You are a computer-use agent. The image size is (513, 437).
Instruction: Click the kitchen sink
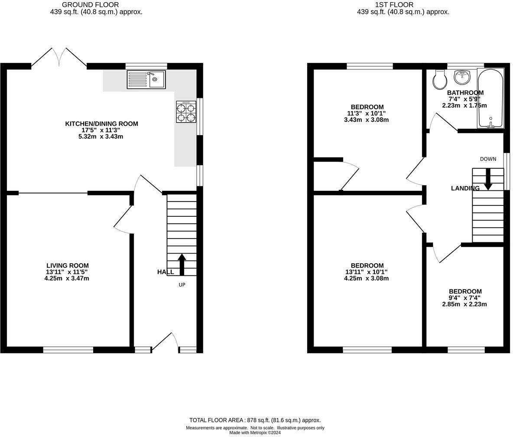(146, 79)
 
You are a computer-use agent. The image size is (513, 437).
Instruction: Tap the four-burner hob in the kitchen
(186, 111)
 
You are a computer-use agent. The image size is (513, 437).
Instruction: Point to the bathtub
(490, 98)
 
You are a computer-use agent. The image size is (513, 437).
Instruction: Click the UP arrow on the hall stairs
(182, 264)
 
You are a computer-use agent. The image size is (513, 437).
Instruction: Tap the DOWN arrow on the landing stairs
(488, 179)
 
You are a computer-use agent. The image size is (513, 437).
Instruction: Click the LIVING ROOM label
(68, 266)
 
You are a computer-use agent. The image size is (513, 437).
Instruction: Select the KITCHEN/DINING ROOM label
(101, 124)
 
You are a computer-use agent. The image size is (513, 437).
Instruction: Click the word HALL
(166, 272)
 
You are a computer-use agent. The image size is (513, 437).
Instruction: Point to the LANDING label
(465, 188)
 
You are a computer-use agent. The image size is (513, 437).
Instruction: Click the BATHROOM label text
(465, 93)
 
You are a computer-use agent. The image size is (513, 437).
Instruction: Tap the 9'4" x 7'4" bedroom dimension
(464, 298)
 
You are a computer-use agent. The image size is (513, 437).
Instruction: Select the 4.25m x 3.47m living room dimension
(67, 279)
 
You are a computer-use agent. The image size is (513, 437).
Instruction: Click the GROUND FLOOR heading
(90, 5)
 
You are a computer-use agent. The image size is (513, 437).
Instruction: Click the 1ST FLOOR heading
(394, 5)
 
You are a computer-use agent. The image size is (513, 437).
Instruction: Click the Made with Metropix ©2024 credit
(255, 432)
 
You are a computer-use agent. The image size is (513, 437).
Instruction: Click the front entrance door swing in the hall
(165, 343)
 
